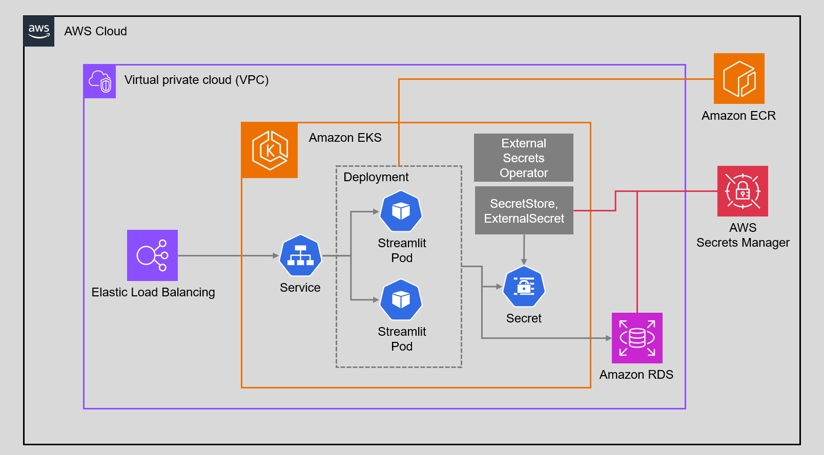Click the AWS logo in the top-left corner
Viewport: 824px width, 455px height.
[x=39, y=31]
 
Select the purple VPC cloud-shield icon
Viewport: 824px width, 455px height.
[x=100, y=81]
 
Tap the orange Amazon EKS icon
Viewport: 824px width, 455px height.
[x=270, y=150]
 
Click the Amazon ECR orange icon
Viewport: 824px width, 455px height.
[x=739, y=79]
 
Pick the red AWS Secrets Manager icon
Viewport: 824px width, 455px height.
[x=743, y=191]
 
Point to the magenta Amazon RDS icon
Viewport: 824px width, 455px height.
[x=637, y=338]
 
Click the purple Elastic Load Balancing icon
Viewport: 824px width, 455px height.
[x=152, y=255]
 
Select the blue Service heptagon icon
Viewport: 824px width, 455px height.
[x=300, y=255]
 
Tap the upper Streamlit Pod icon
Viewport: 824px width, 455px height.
[x=401, y=211]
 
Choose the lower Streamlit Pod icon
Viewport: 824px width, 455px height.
[x=401, y=300]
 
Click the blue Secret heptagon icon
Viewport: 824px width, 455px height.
[x=524, y=287]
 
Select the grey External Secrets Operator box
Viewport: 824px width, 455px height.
[x=523, y=158]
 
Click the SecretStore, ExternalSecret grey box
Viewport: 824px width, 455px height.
[x=524, y=210]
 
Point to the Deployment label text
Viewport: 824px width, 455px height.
[x=376, y=177]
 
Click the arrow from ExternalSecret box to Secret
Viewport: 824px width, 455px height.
[x=524, y=249]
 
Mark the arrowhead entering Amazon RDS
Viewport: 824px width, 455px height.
[x=608, y=338]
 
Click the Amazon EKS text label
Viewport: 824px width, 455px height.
[x=345, y=138]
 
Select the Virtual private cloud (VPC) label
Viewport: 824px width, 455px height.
[x=196, y=80]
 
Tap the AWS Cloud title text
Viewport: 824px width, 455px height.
[x=95, y=31]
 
